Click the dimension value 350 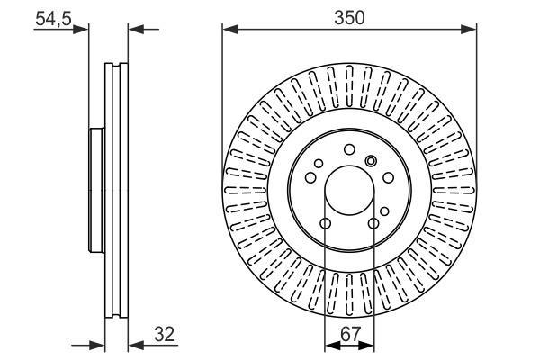tap(349, 18)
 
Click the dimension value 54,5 tap(53, 19)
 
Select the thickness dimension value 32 tap(165, 334)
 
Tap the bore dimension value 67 tap(350, 334)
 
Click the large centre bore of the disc tap(349, 190)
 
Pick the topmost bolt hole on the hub tap(349, 150)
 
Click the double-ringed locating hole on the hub tap(371, 160)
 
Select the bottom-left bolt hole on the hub tap(326, 223)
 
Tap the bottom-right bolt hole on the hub tap(373, 223)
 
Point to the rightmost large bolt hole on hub tap(389, 178)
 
